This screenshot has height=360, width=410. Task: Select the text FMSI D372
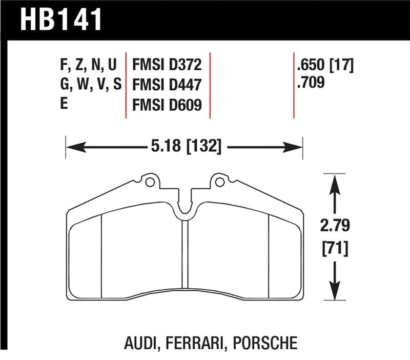167,65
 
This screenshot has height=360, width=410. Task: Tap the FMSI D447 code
167,85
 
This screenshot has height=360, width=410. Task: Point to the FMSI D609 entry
167,105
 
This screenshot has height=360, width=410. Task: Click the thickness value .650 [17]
325,65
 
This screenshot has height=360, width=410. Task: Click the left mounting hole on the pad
149,181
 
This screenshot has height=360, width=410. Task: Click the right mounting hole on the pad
219,181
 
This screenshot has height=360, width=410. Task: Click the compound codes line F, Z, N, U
89,66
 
